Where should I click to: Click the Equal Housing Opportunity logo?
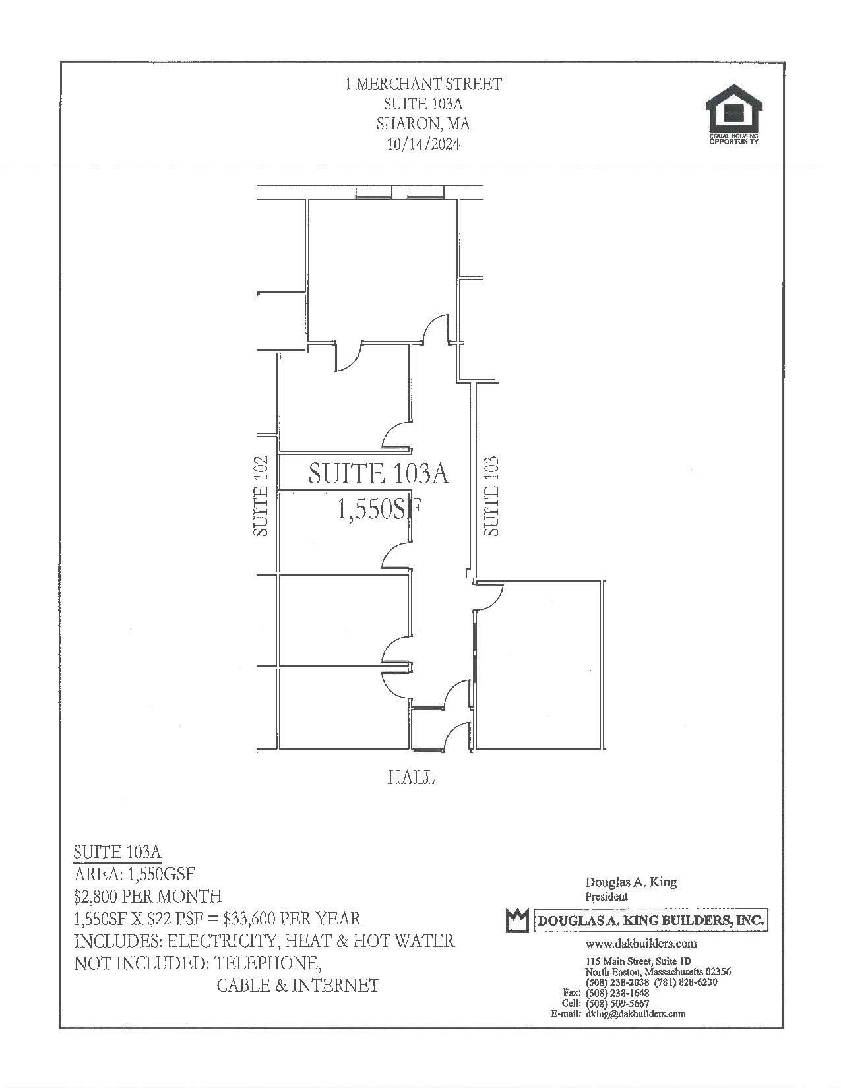[x=733, y=114]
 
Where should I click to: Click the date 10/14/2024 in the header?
[x=422, y=144]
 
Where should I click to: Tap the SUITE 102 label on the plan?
[x=262, y=496]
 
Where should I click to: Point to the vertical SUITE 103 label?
[x=491, y=496]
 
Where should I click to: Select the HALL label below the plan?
[x=411, y=778]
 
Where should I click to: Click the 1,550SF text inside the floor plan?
[x=379, y=509]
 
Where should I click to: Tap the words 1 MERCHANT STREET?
[x=423, y=84]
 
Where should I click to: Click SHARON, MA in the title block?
[x=423, y=124]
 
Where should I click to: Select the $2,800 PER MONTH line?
[x=148, y=897]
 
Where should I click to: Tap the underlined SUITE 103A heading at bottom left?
[x=117, y=852]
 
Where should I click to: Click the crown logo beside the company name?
[x=518, y=920]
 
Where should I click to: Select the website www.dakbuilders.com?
[x=640, y=944]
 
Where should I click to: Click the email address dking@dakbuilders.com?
[x=635, y=1014]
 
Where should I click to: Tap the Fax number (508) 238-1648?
[x=617, y=993]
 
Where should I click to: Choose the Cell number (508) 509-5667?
[x=617, y=1004]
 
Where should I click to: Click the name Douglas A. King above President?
[x=631, y=882]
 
